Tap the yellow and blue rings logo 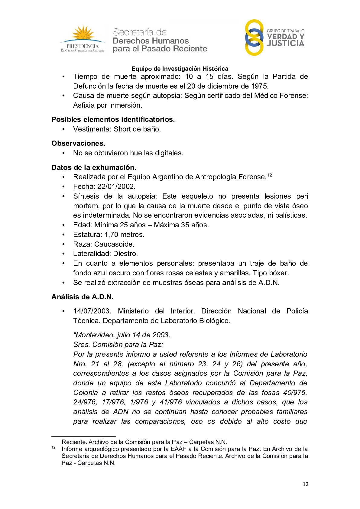(x=254, y=37)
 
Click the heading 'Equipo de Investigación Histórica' (x=180, y=69)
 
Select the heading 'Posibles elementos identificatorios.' (x=113, y=119)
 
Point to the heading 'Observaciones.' (x=78, y=143)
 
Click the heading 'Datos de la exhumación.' (x=94, y=167)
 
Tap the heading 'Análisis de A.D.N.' (x=82, y=297)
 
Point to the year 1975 (x=259, y=86)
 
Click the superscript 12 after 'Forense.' (x=270, y=175)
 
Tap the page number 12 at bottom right (x=305, y=484)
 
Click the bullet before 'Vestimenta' (x=63, y=129)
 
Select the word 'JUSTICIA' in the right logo (x=286, y=44)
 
